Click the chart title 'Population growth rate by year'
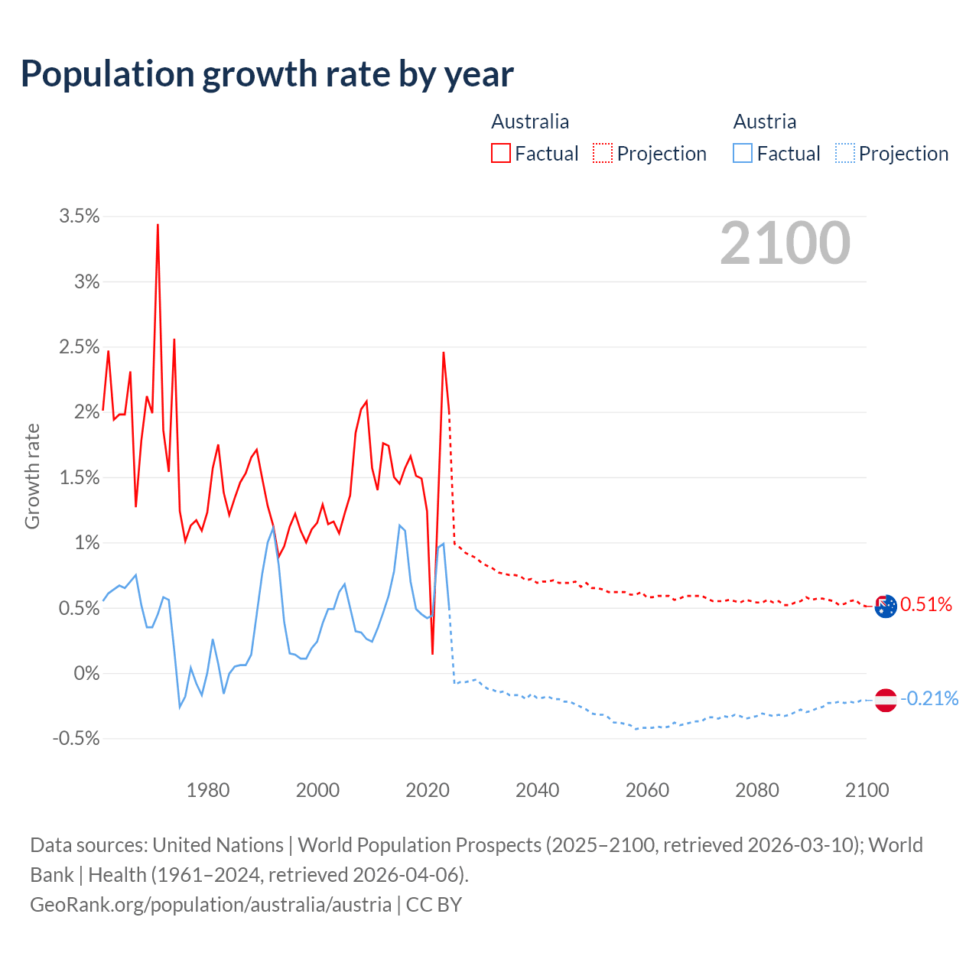[267, 74]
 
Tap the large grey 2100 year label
[785, 243]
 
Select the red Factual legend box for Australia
[501, 153]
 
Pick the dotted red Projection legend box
[603, 153]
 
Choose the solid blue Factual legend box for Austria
[743, 153]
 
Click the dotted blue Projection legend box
[845, 153]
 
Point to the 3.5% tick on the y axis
[80, 216]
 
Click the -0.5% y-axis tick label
[76, 739]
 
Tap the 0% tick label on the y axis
[86, 674]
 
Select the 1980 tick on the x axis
[208, 790]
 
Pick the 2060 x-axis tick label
[647, 790]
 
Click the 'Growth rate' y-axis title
[32, 476]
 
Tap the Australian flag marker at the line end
[885, 607]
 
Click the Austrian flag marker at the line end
[885, 700]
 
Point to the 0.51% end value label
[926, 605]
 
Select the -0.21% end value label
[929, 698]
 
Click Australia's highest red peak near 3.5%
[158, 225]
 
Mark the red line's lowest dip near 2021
[433, 653]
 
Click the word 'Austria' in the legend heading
[765, 122]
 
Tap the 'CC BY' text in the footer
[434, 905]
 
